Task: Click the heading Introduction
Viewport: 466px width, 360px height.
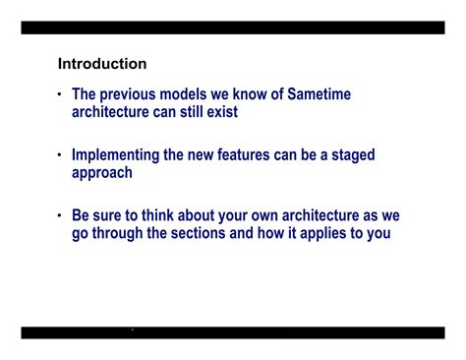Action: pyautogui.click(x=102, y=64)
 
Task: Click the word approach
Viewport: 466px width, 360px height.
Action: pyautogui.click(x=102, y=173)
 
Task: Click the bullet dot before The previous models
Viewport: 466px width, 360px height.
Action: pyautogui.click(x=60, y=95)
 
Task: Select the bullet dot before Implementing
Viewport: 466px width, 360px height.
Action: pyautogui.click(x=60, y=156)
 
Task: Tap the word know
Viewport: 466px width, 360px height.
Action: pyautogui.click(x=252, y=94)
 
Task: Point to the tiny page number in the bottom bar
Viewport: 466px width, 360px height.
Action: pyautogui.click(x=132, y=330)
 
